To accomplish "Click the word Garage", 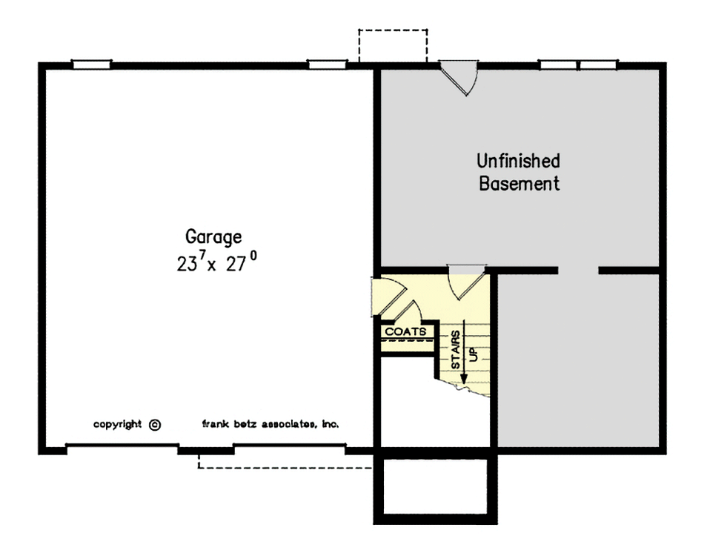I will [213, 237].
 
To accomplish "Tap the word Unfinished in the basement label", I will [518, 161].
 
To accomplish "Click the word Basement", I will [519, 184].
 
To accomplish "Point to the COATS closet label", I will [405, 332].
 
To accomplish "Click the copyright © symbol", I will [154, 425].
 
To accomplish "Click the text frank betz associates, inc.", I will [270, 425].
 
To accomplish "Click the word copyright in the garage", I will [117, 425].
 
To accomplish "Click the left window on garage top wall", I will [91, 64].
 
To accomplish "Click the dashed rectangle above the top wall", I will [393, 46].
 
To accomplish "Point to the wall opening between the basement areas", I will [578, 270].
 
